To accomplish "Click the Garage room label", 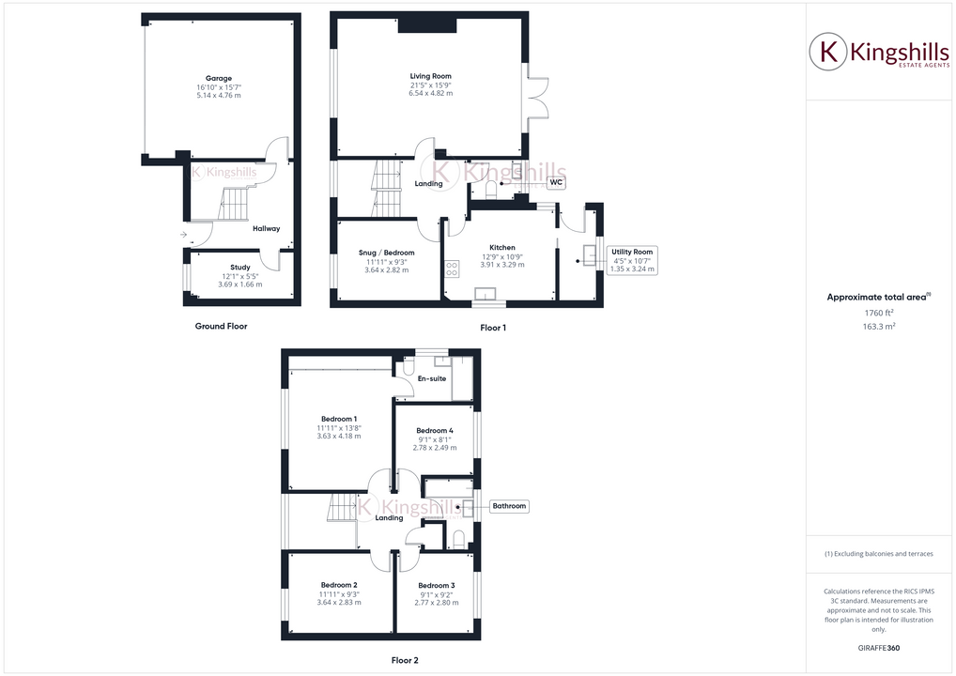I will (219, 78).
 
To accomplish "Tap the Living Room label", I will (430, 76).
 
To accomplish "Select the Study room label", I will (239, 268).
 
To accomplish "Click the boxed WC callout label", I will (556, 182).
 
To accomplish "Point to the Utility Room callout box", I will (632, 260).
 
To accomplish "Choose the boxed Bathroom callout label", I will (509, 506).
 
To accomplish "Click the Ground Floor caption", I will (222, 326).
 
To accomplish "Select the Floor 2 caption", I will (405, 660).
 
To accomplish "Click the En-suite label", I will (431, 378).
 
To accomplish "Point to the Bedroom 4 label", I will (435, 430).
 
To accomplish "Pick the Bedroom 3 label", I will (437, 585).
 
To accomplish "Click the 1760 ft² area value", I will (878, 313).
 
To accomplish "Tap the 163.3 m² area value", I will (878, 326).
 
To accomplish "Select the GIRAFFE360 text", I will (878, 648).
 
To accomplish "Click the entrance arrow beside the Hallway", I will (183, 234).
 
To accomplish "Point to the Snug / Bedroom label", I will (386, 253).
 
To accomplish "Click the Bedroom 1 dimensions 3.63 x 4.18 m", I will (339, 437).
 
